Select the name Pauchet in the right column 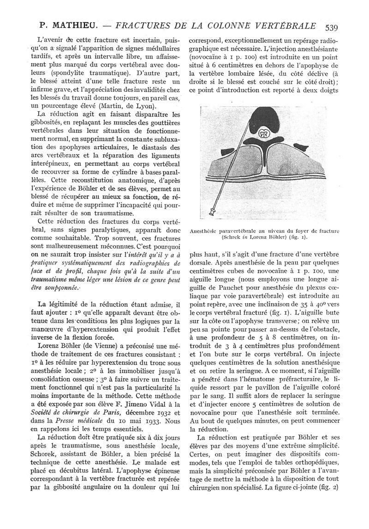click(x=220, y=289)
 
